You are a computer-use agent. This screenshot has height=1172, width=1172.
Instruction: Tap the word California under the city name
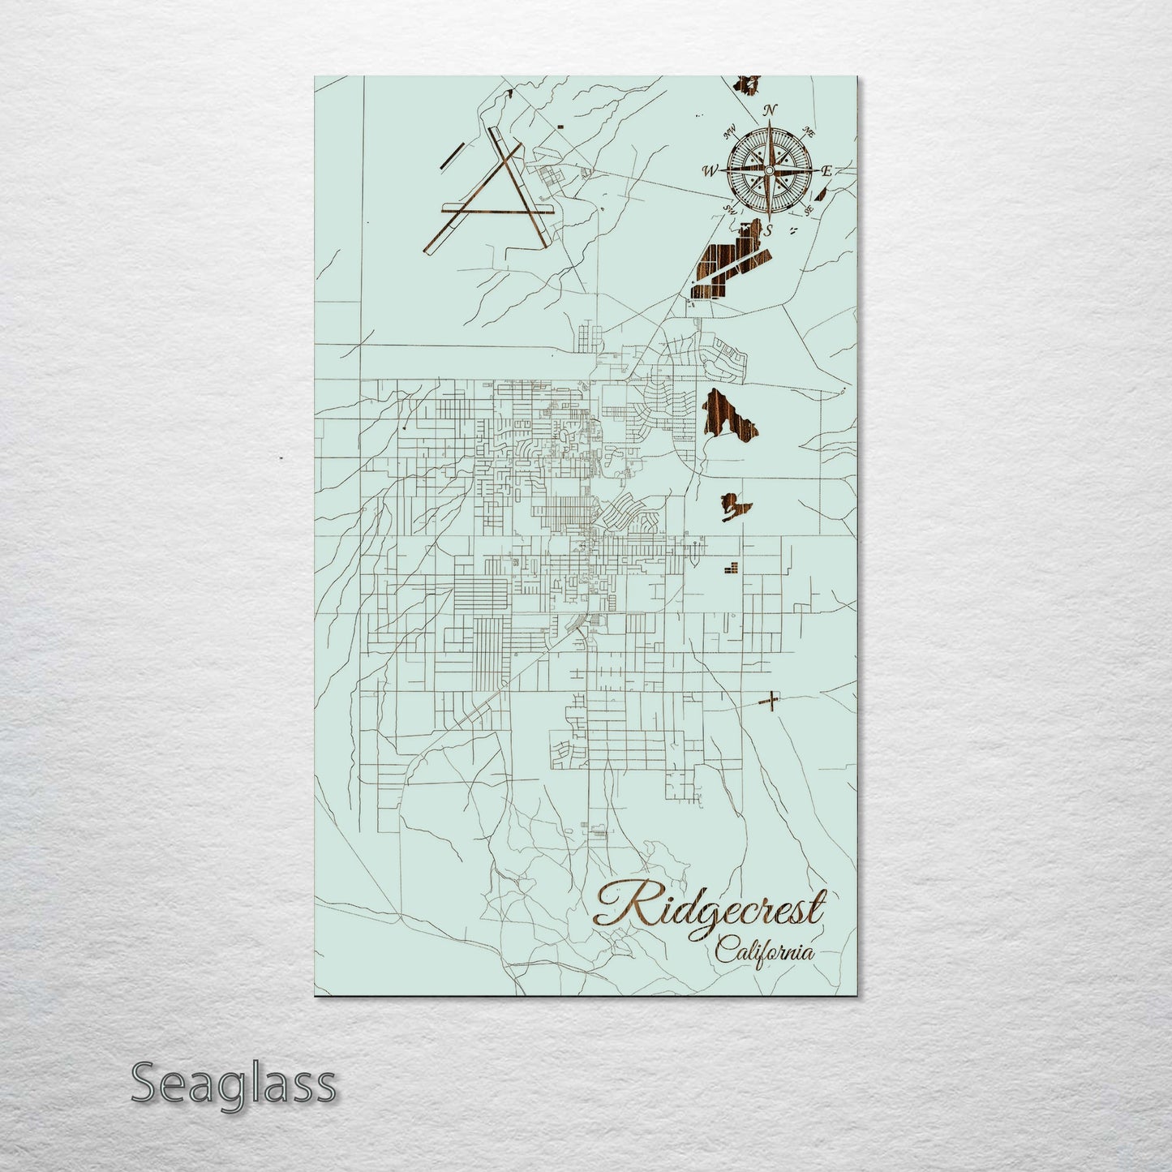(765, 951)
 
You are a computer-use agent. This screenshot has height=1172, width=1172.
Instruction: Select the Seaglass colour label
(233, 1083)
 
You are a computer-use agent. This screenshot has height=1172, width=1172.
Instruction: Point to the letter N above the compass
(771, 110)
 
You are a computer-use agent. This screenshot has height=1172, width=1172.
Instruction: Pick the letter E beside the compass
(826, 170)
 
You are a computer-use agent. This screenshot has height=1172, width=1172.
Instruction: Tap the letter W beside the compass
(710, 171)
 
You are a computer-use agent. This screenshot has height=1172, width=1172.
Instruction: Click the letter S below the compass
(767, 231)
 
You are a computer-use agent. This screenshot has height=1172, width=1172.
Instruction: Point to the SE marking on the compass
(808, 209)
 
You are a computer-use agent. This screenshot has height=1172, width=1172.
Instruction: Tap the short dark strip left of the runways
(450, 156)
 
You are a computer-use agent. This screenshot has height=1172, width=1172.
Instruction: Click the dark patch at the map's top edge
(749, 83)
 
